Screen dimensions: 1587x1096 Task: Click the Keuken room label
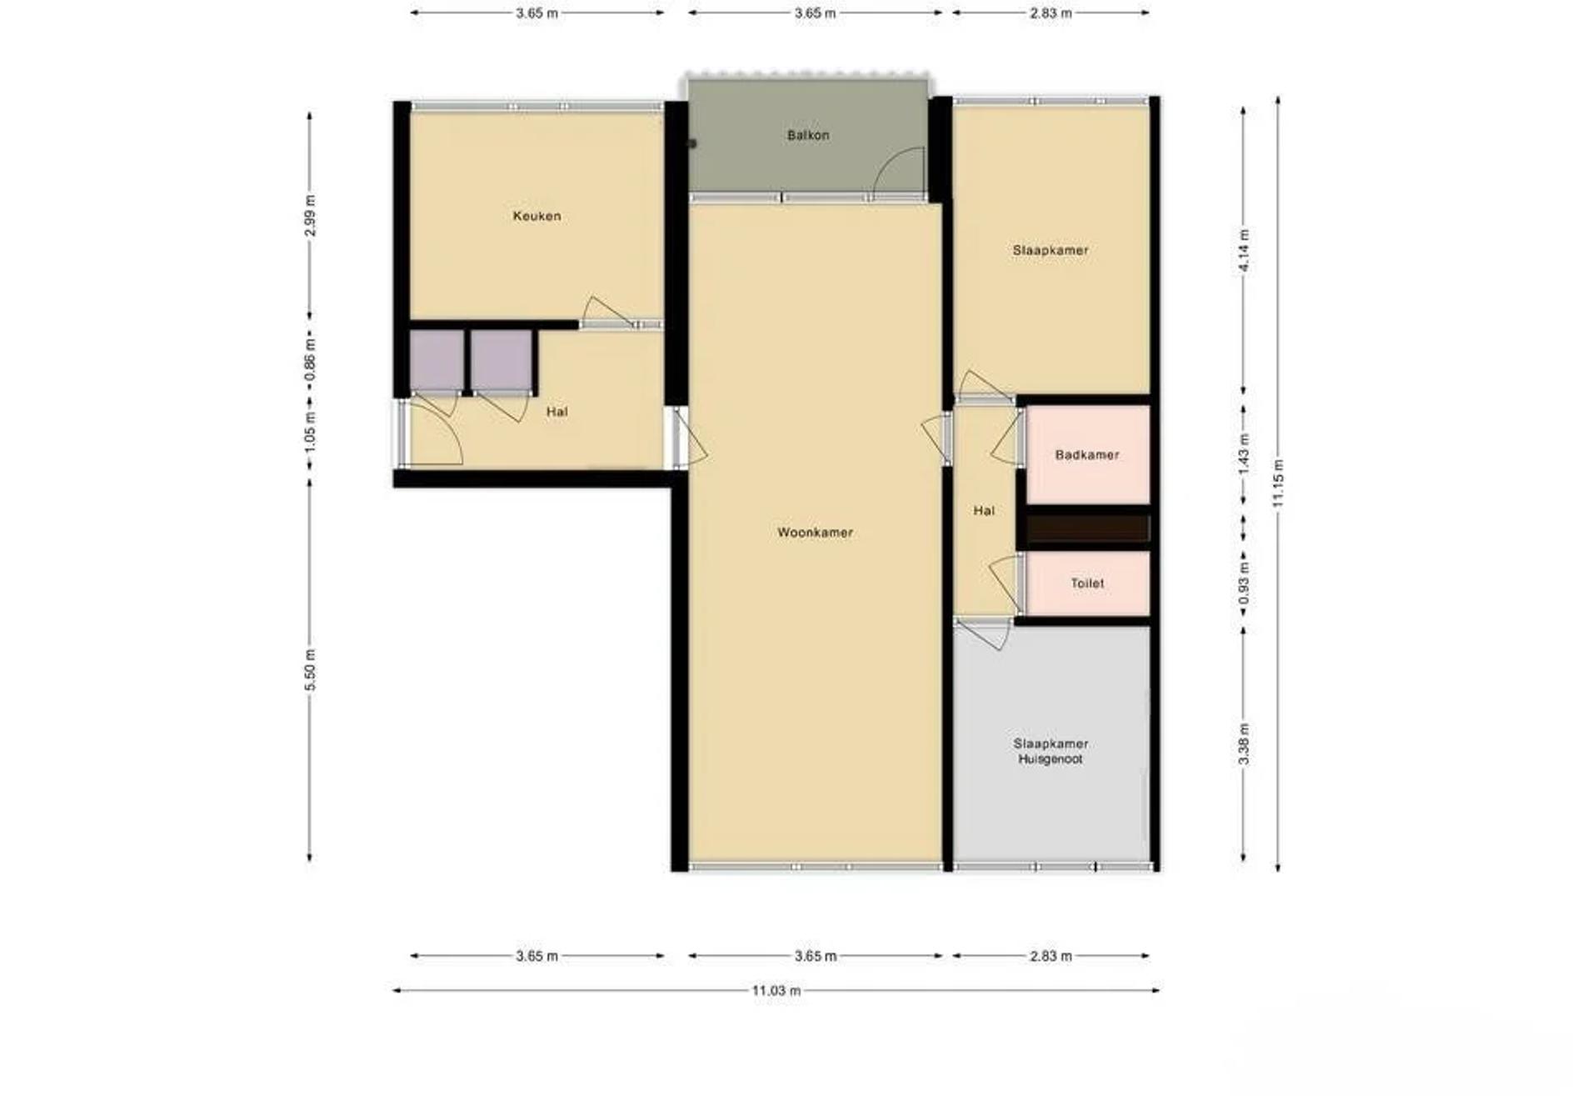point(536,216)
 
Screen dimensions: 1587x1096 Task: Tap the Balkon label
point(808,135)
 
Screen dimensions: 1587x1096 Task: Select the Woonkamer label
point(815,533)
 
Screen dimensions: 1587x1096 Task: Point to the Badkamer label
point(1087,455)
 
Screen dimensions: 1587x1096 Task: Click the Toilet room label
point(1087,583)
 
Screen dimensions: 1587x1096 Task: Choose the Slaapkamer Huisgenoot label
point(1051,751)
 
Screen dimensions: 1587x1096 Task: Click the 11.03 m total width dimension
point(776,991)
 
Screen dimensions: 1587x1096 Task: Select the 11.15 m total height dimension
point(1279,483)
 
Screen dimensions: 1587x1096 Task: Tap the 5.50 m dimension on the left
point(310,669)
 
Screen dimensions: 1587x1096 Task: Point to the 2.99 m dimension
point(310,216)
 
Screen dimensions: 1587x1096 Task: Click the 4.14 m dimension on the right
point(1244,250)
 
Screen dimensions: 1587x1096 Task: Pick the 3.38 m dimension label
point(1244,744)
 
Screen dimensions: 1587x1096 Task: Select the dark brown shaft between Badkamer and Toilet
point(1088,528)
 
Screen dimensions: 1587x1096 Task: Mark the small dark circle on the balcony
point(691,143)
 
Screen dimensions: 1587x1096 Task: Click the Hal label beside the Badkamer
point(984,511)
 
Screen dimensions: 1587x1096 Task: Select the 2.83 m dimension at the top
point(1051,13)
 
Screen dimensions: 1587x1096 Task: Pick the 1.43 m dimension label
point(1244,455)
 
